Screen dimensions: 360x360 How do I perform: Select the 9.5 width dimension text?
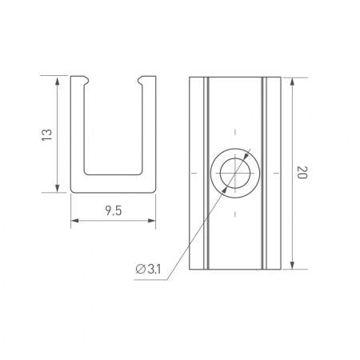[x=113, y=211]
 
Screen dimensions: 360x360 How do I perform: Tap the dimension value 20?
[x=302, y=173]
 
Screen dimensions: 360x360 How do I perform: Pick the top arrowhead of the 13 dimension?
[x=58, y=80]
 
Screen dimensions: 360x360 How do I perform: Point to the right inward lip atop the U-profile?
[x=145, y=80]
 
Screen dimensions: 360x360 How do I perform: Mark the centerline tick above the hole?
[x=234, y=131]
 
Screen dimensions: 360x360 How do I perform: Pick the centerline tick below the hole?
[x=234, y=215]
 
